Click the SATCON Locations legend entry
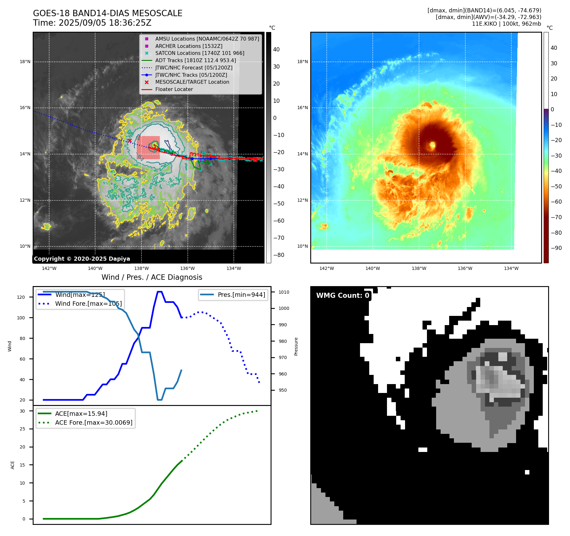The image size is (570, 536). click(x=200, y=53)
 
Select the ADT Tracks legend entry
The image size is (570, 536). click(x=195, y=61)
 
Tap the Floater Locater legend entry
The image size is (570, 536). click(x=174, y=89)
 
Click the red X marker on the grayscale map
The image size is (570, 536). click(x=130, y=141)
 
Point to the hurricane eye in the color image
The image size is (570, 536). click(x=432, y=146)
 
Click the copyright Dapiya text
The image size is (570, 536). click(x=82, y=259)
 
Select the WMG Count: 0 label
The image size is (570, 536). click(x=343, y=296)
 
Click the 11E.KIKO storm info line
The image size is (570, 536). click(x=506, y=24)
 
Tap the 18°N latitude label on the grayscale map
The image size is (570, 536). click(x=25, y=62)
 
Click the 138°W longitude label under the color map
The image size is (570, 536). click(x=419, y=268)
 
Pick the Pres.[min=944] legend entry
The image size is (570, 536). click(x=241, y=295)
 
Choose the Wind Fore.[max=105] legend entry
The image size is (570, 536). click(x=88, y=304)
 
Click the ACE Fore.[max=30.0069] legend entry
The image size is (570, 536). click(x=94, y=422)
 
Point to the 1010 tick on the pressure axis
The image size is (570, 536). click(x=284, y=292)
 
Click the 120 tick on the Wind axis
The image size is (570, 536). click(x=21, y=297)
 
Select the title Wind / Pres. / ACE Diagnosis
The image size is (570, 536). click(x=152, y=277)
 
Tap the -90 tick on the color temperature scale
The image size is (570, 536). click(x=556, y=248)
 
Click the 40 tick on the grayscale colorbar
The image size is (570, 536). click(x=276, y=49)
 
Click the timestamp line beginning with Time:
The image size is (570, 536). click(x=92, y=23)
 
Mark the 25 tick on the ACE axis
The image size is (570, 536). click(x=22, y=429)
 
